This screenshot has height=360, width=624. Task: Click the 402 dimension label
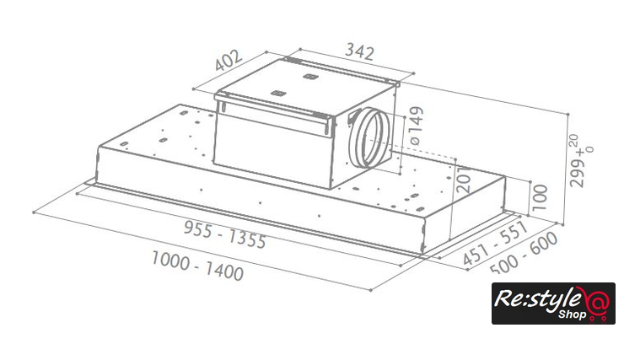tap(228, 60)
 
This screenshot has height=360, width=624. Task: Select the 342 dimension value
tap(360, 51)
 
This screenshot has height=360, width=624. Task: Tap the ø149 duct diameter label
tap(416, 126)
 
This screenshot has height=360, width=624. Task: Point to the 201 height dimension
tap(464, 179)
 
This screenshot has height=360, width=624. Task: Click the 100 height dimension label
tap(540, 197)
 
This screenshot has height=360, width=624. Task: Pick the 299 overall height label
tap(577, 171)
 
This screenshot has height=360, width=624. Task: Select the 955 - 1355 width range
tap(225, 234)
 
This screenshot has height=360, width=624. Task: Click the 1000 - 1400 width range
tap(197, 266)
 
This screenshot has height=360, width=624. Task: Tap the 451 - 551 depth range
tap(495, 243)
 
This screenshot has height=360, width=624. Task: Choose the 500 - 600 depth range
tap(524, 254)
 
